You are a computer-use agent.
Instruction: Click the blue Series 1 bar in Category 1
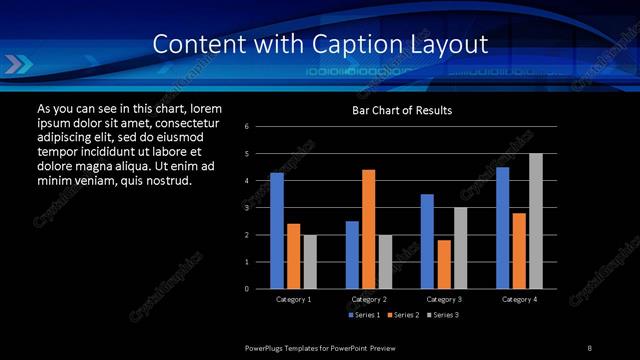click(x=277, y=231)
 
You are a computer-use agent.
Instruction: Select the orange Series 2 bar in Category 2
click(x=368, y=229)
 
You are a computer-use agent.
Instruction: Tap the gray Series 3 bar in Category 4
click(x=535, y=221)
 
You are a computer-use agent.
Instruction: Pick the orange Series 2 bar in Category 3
click(x=443, y=264)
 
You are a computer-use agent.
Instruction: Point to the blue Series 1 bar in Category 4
click(x=502, y=228)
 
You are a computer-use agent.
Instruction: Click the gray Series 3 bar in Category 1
click(x=310, y=262)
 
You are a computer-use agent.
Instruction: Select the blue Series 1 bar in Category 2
click(x=352, y=255)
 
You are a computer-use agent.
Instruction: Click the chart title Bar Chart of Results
click(x=402, y=110)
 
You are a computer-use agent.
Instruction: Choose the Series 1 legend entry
click(x=364, y=315)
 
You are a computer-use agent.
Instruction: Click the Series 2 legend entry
click(x=401, y=315)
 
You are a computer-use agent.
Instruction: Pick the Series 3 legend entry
click(x=439, y=315)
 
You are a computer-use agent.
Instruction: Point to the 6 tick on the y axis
click(x=260, y=127)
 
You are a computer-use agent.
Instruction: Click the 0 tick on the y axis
click(x=260, y=289)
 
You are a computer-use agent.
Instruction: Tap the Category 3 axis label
click(x=443, y=299)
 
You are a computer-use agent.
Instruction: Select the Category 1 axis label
click(x=293, y=299)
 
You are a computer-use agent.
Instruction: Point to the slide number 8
click(x=590, y=347)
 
